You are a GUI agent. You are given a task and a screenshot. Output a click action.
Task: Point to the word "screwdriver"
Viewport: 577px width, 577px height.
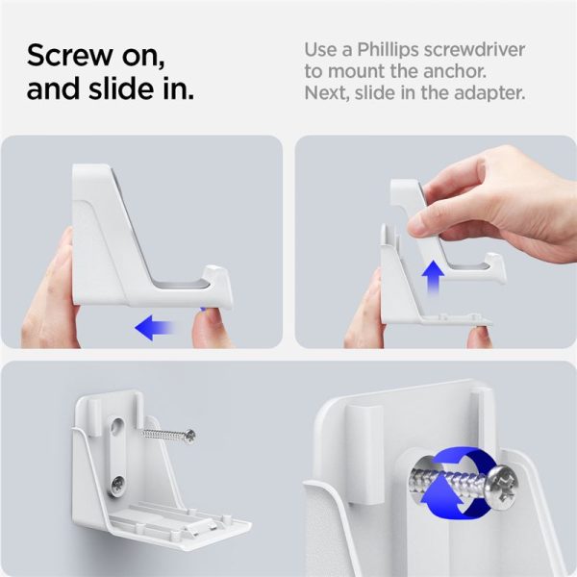487,49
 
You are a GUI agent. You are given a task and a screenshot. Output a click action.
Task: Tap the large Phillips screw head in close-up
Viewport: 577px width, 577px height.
499,479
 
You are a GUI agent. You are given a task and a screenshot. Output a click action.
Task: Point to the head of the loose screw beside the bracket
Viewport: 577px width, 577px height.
189,436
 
